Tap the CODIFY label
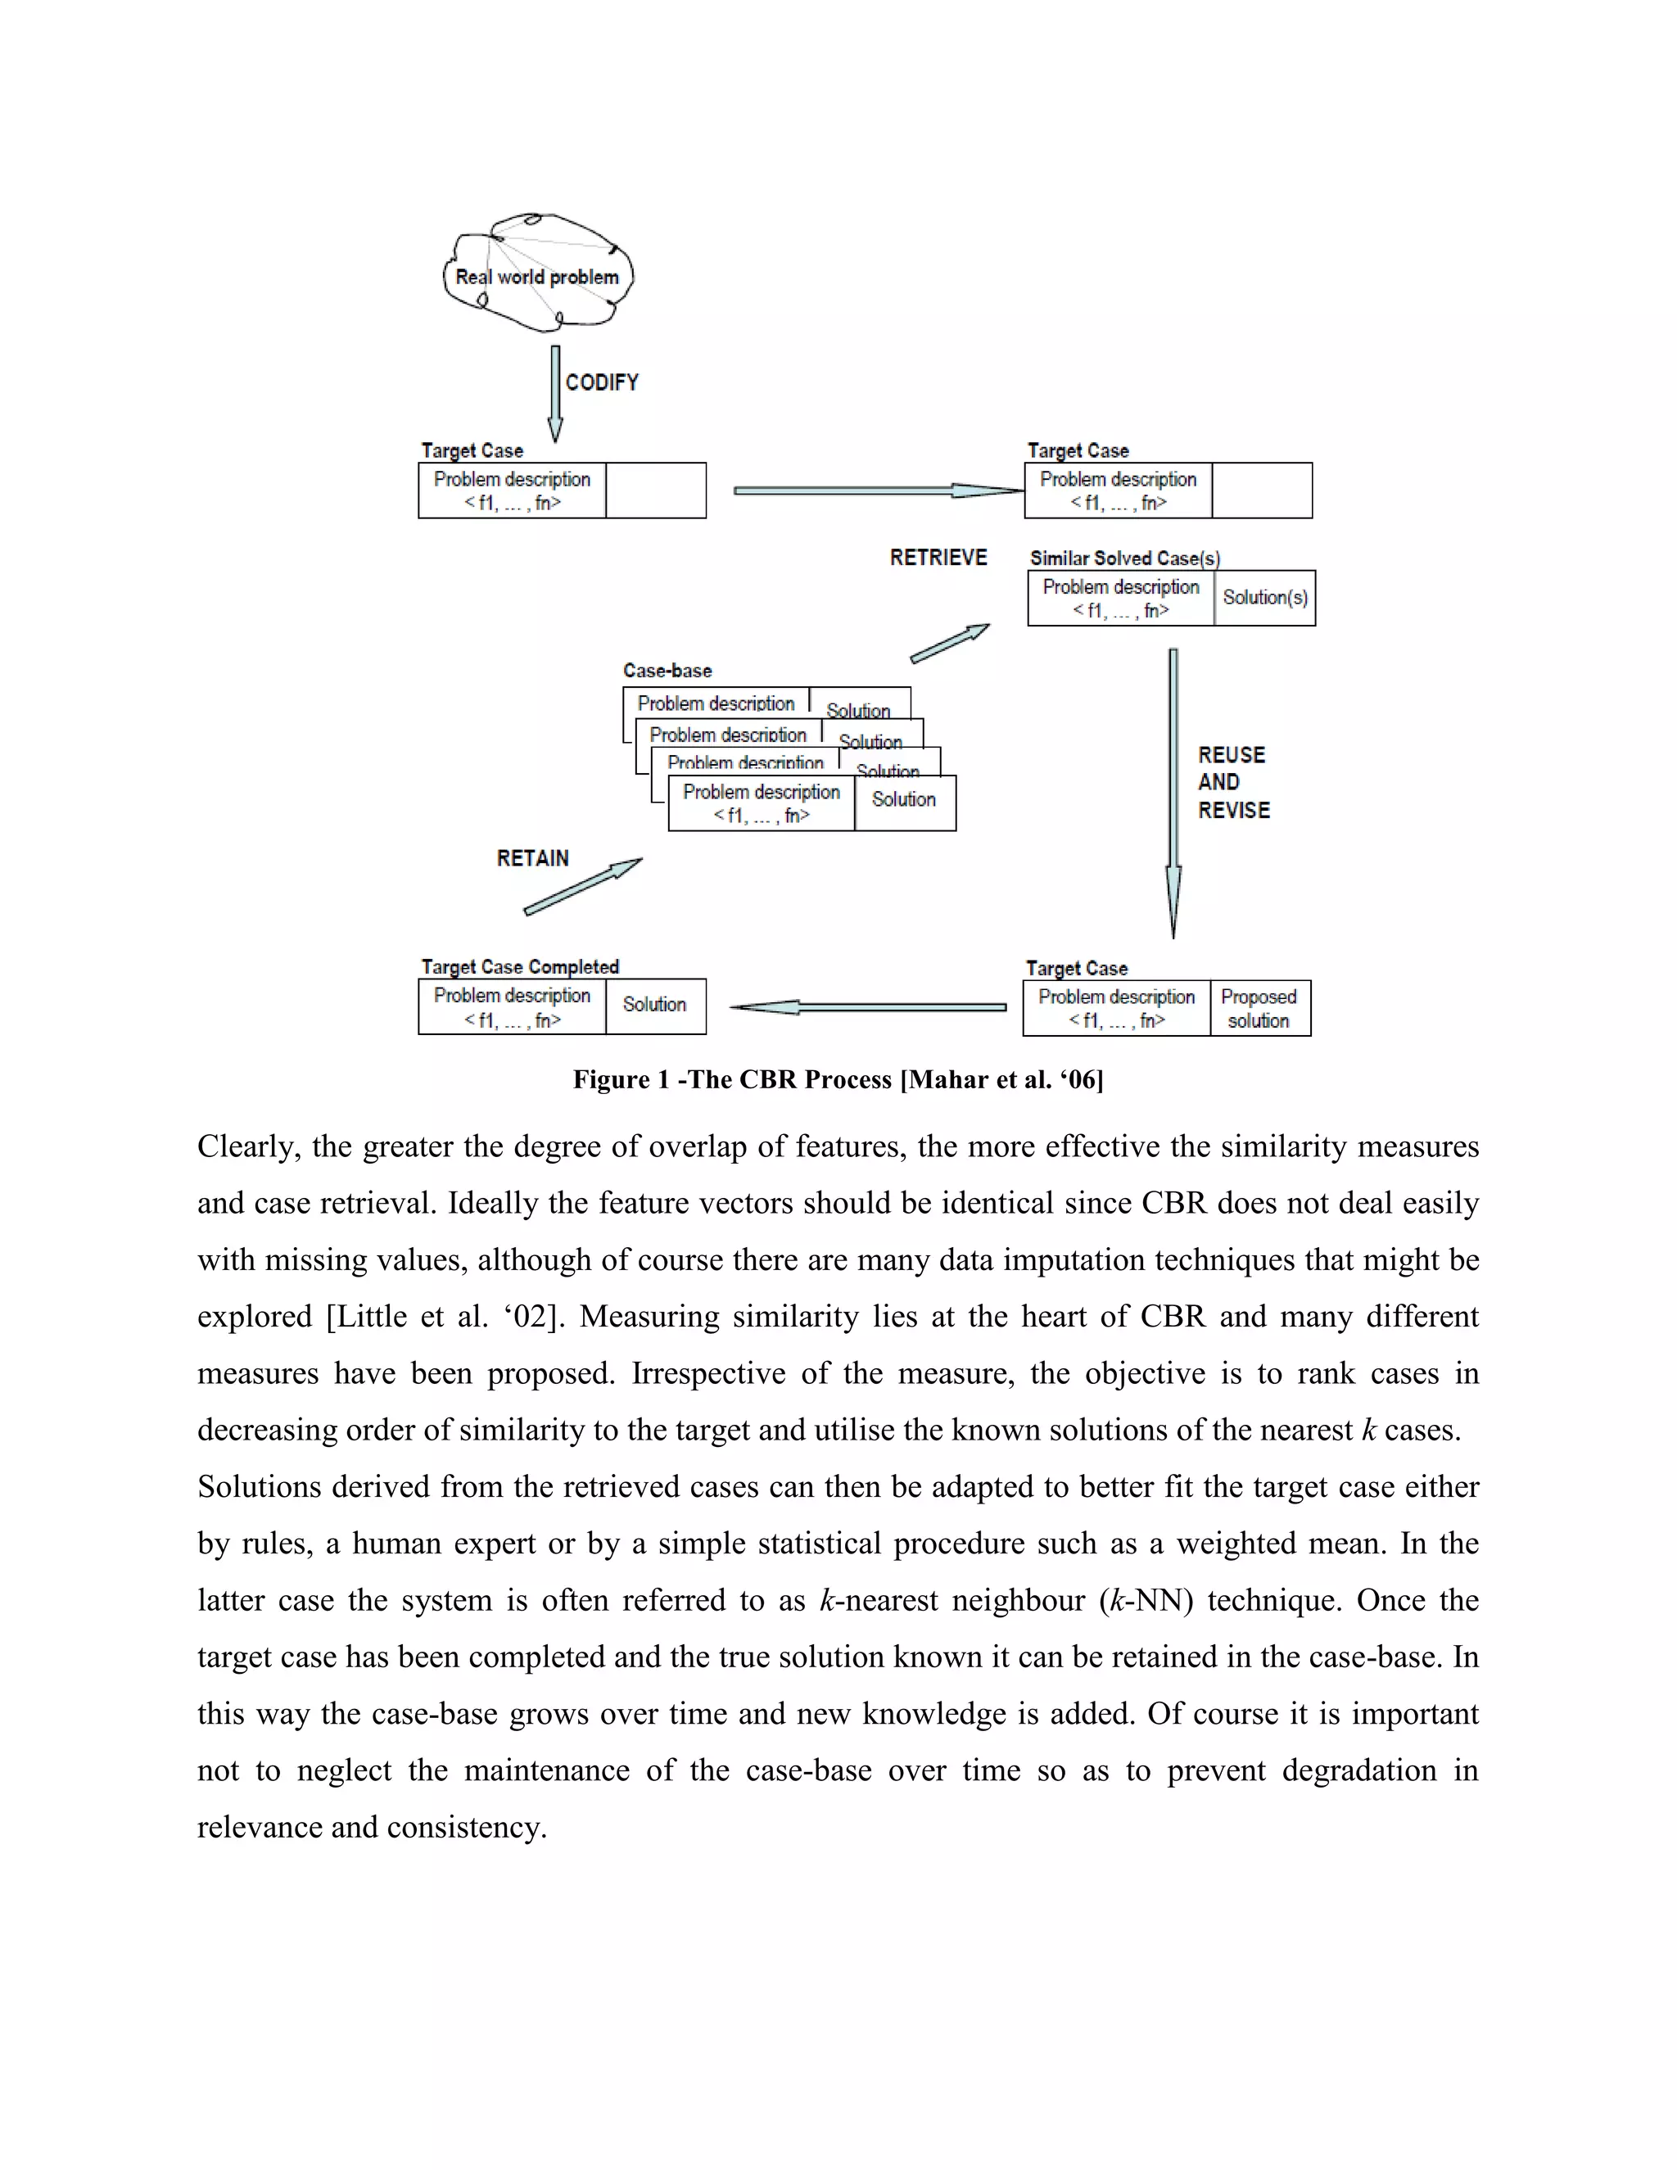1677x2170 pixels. [602, 382]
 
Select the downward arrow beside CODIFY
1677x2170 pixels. [555, 392]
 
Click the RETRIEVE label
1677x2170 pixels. [938, 558]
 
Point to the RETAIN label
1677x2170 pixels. [532, 858]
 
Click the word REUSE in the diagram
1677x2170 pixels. [1231, 755]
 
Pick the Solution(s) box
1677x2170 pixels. [1264, 597]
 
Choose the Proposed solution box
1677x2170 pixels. [1259, 1009]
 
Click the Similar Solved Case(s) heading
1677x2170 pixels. [1124, 558]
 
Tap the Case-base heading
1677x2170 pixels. [667, 671]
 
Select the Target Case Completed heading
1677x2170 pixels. [520, 967]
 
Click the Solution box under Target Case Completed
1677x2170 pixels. [655, 1006]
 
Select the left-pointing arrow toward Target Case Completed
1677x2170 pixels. [867, 1007]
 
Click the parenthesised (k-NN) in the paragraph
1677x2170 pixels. [1146, 1601]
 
